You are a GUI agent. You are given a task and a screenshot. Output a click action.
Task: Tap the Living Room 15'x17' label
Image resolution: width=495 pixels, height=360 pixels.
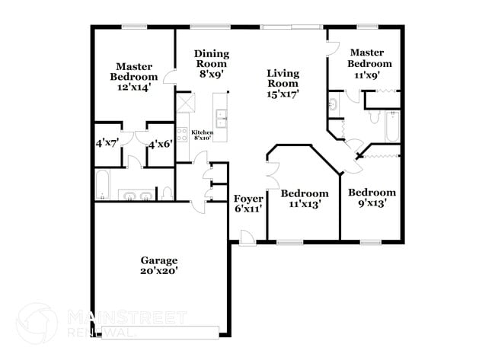283,84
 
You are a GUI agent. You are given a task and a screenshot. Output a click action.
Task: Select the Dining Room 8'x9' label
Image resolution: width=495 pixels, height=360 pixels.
211,64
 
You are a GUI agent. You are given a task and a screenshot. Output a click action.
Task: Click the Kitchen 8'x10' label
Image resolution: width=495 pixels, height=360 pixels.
202,134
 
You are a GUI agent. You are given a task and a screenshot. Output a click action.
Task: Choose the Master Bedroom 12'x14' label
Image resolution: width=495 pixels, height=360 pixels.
133,76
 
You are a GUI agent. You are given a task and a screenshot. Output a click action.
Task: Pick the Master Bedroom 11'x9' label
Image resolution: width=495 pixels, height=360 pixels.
370,64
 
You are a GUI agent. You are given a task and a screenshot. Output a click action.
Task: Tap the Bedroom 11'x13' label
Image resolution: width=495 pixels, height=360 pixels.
308,199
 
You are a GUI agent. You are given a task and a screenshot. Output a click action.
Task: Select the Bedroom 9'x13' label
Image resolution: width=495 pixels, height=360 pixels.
372,197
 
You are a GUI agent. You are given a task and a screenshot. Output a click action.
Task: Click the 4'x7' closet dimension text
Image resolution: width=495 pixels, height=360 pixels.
107,142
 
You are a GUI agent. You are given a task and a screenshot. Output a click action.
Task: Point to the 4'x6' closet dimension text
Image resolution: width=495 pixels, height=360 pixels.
160,143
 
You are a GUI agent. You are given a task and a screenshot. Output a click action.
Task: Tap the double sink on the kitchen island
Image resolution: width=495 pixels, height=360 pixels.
222,117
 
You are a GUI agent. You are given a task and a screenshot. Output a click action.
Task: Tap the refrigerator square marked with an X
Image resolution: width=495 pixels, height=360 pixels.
185,102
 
